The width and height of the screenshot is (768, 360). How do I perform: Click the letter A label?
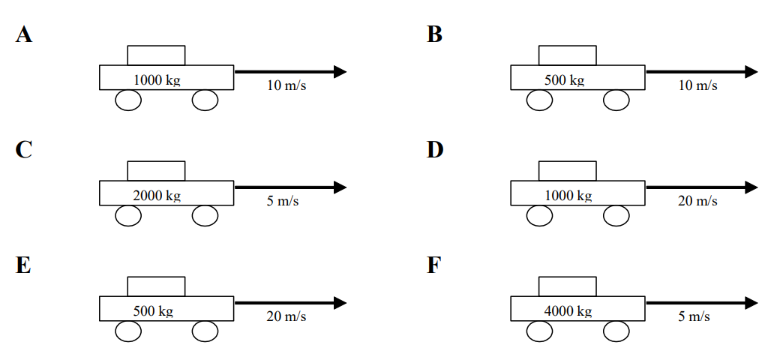tap(24, 34)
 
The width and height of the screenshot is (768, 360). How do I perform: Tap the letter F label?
tap(435, 265)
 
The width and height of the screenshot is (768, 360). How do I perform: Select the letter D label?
tap(436, 150)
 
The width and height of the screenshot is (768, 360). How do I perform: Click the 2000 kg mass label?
tap(157, 196)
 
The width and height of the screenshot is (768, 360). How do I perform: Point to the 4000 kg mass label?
tap(568, 311)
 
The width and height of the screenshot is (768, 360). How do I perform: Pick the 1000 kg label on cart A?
tap(157, 79)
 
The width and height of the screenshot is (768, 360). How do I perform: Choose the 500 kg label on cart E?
tap(154, 311)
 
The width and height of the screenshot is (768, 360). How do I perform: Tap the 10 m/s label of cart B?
tap(697, 85)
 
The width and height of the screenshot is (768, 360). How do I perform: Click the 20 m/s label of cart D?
tap(697, 201)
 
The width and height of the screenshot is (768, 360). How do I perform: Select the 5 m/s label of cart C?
tap(283, 201)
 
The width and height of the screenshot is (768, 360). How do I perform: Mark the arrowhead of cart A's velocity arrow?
tap(340, 72)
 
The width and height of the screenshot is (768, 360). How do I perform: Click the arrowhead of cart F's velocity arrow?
tap(751, 303)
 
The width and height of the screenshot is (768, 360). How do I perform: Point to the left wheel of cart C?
tap(129, 216)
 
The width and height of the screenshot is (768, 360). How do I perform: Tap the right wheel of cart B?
tap(616, 100)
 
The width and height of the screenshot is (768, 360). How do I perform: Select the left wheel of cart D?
tap(540, 216)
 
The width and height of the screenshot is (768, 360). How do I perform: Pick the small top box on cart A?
tap(156, 55)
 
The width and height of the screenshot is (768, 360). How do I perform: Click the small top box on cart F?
tap(568, 286)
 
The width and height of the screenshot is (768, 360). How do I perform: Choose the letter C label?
tap(24, 150)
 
